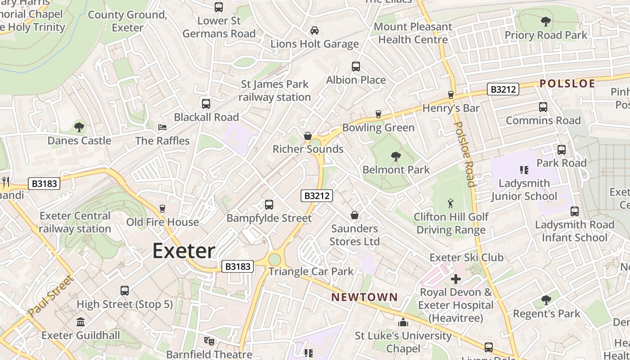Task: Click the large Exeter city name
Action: [184, 251]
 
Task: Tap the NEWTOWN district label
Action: [364, 297]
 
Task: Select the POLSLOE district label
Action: [567, 83]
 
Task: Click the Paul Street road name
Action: [50, 296]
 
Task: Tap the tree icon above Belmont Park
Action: [396, 157]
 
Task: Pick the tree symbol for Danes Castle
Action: [79, 127]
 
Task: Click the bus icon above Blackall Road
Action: [206, 104]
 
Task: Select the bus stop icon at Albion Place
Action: [356, 67]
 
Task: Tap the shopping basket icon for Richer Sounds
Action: [308, 136]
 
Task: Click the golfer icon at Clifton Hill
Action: [450, 204]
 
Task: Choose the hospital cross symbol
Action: [456, 279]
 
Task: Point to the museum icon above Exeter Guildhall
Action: [81, 322]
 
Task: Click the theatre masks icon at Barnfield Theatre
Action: [209, 341]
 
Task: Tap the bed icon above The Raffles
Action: [162, 127]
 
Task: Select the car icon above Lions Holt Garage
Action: [315, 31]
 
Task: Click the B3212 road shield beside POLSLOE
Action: [503, 89]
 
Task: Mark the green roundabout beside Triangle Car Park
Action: [274, 260]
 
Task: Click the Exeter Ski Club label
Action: [466, 258]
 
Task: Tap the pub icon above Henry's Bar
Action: [451, 94]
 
